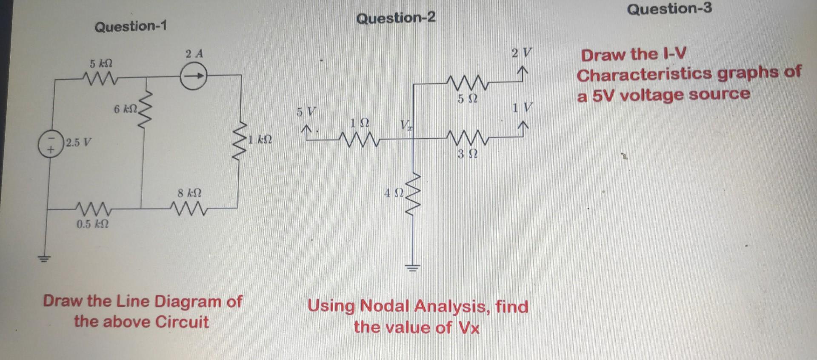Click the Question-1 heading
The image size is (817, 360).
coord(131,26)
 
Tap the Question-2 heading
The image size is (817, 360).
coord(396,18)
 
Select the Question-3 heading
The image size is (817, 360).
coord(669,9)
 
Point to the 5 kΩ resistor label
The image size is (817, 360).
coord(101,64)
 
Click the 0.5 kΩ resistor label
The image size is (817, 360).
coord(92,224)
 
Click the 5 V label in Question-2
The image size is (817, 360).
coord(306,112)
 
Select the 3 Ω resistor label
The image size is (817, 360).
coord(467,154)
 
